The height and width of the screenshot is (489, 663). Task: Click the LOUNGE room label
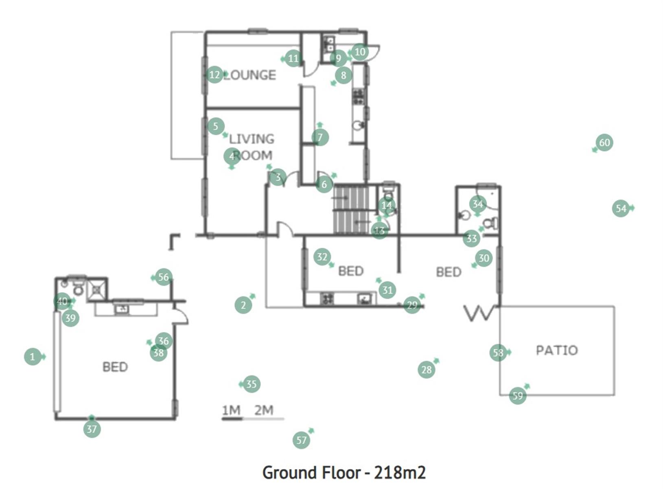(x=249, y=75)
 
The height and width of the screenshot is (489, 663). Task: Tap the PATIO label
(x=557, y=350)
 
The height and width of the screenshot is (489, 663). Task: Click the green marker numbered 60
(x=604, y=143)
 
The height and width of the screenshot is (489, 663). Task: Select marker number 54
(x=621, y=209)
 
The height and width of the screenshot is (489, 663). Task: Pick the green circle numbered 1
(x=33, y=357)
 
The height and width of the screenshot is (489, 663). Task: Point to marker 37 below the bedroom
(x=92, y=429)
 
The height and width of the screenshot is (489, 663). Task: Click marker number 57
(x=301, y=440)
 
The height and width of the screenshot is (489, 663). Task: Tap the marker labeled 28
(x=426, y=370)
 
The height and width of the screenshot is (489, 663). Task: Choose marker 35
(x=252, y=384)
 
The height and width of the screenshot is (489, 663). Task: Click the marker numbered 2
(x=243, y=305)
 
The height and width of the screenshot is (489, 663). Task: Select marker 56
(x=163, y=277)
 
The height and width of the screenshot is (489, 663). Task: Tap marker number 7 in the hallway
(x=320, y=137)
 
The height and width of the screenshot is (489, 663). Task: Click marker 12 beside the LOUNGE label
(x=215, y=75)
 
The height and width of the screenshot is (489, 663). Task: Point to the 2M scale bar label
(x=264, y=410)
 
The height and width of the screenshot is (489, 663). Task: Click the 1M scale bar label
(x=231, y=410)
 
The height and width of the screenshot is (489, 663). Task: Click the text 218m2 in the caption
(x=400, y=473)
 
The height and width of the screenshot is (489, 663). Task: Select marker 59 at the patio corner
(x=518, y=395)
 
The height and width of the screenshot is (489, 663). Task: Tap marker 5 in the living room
(x=216, y=126)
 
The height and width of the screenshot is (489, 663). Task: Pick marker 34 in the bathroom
(x=478, y=204)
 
